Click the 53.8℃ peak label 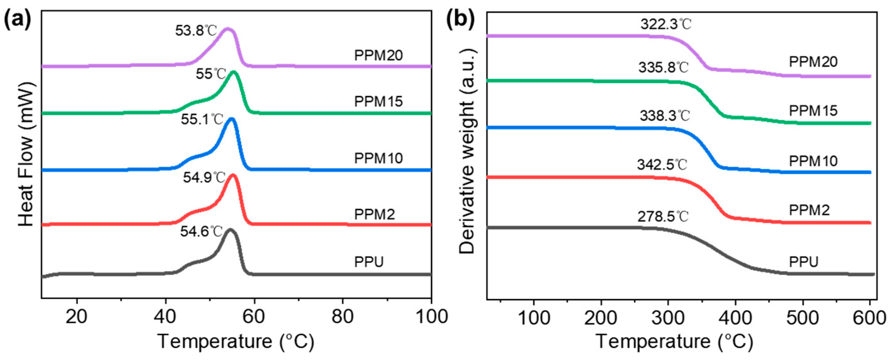tap(196, 31)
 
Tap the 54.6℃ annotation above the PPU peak tap(201, 232)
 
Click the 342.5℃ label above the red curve tap(662, 165)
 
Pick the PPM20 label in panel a tap(378, 56)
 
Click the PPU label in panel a tap(369, 262)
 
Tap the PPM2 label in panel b tap(809, 210)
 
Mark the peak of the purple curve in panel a tap(227, 29)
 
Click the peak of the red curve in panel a tap(233, 175)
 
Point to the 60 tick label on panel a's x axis tap(254, 317)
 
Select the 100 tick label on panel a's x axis tap(431, 317)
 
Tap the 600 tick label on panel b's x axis tap(870, 318)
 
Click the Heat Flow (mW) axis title tap(26, 154)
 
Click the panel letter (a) tap(17, 20)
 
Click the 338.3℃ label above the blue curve tap(665, 116)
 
